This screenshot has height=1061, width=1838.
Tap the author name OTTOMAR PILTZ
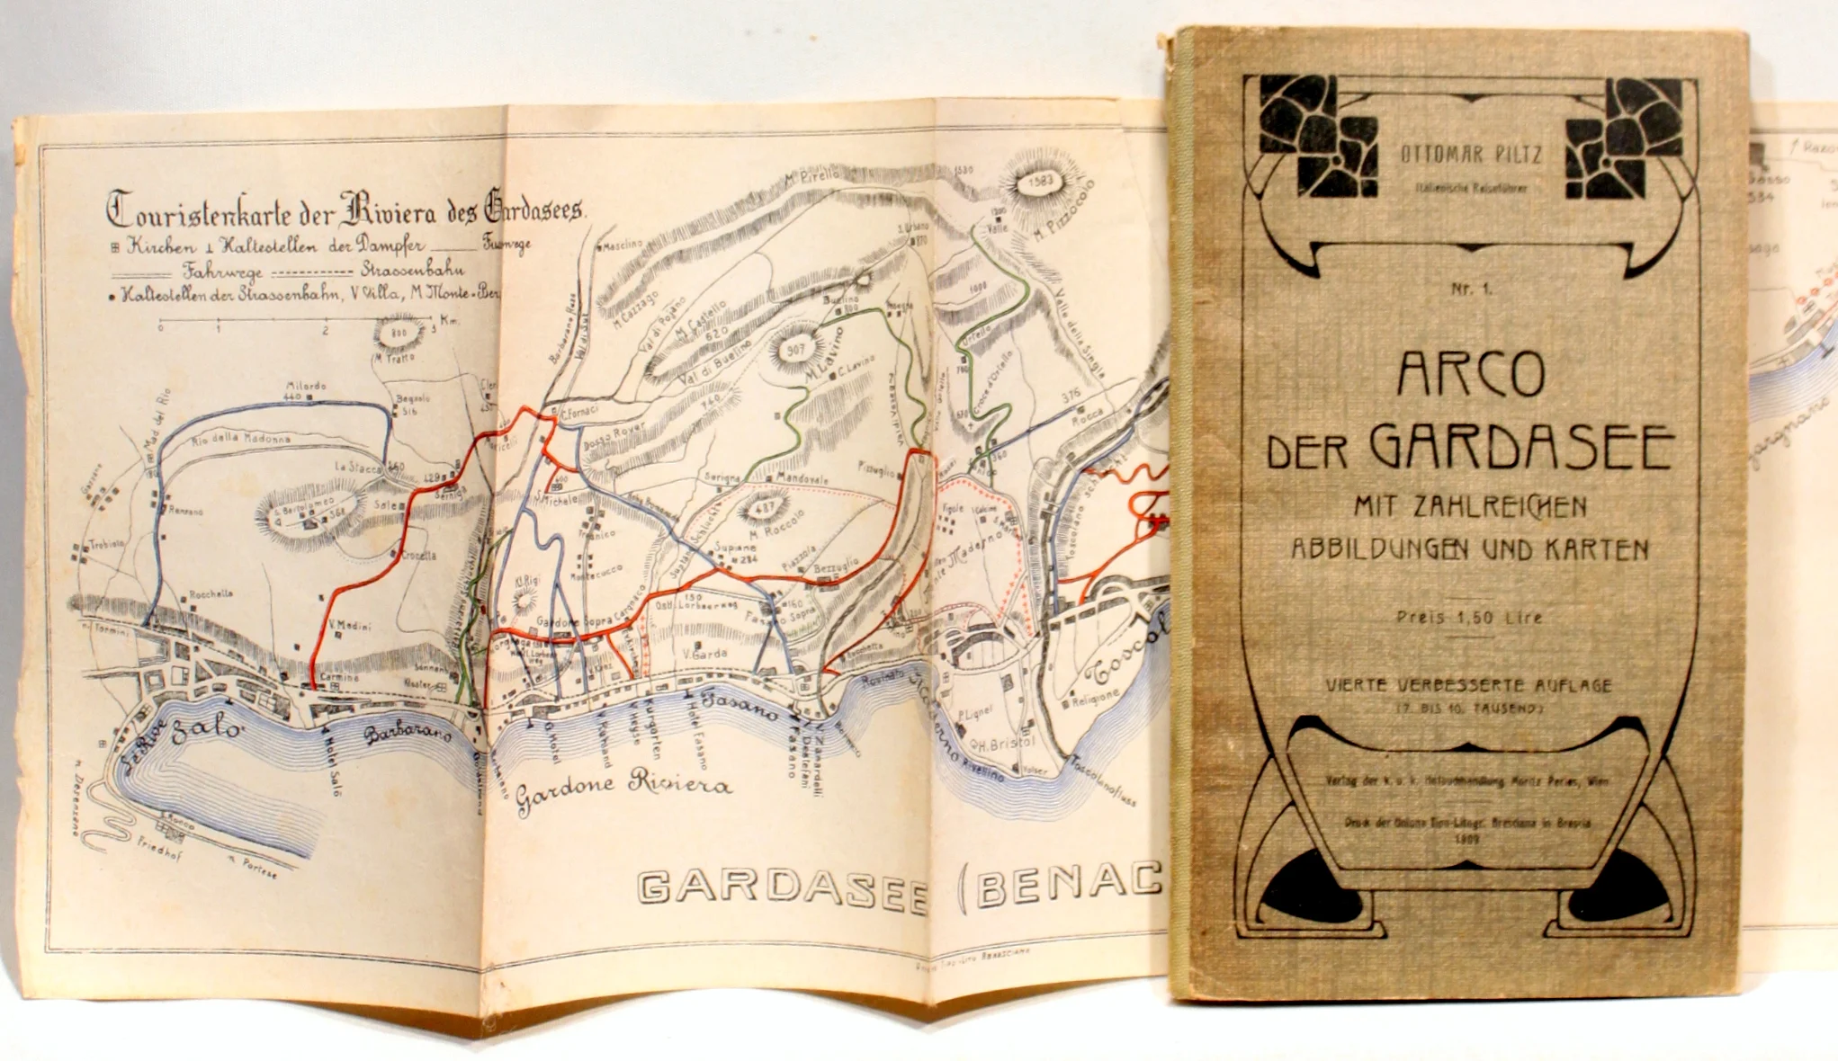click(x=1471, y=155)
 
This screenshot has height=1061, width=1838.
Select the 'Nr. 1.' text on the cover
click(x=1471, y=289)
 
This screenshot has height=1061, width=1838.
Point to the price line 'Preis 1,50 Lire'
click(x=1469, y=618)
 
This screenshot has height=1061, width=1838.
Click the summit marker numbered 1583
click(x=1040, y=182)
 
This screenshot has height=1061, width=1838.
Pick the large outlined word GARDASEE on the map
click(x=782, y=887)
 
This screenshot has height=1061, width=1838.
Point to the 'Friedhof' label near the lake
click(x=159, y=848)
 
